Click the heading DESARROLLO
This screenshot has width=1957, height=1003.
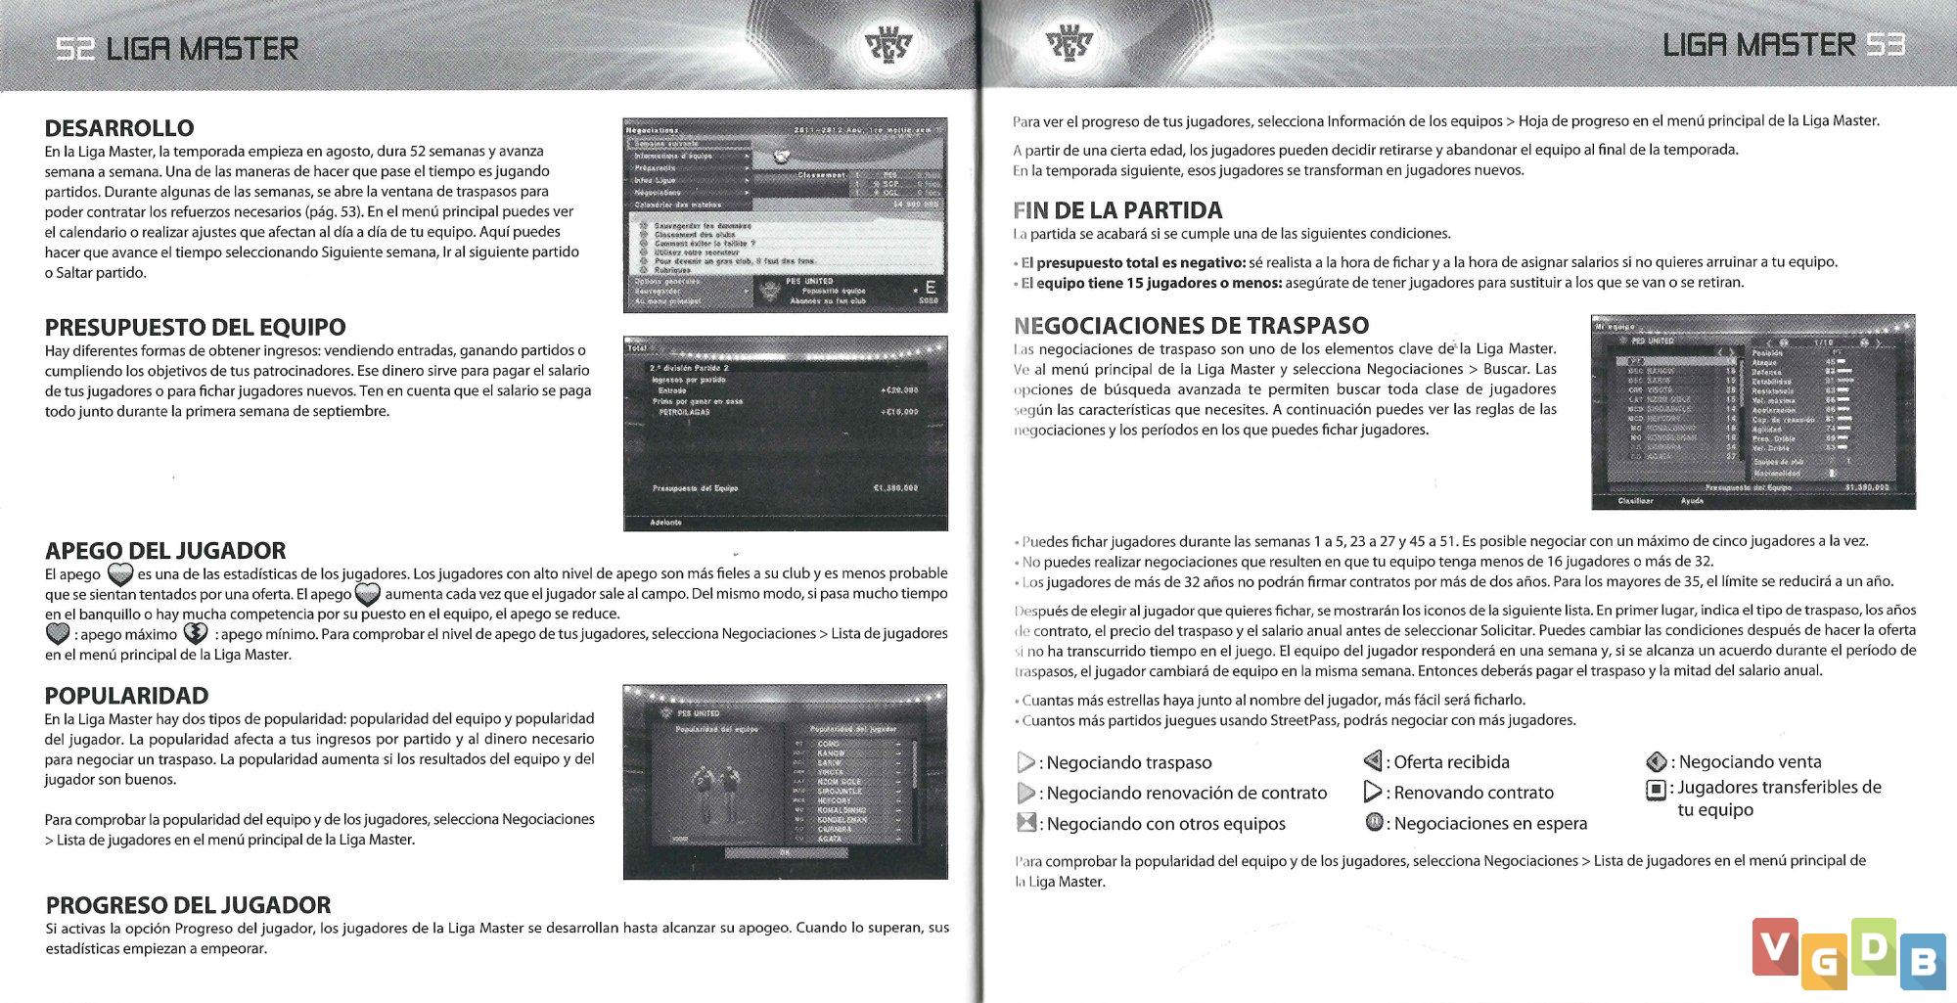tap(119, 128)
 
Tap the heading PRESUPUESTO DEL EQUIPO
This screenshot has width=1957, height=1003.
tap(195, 327)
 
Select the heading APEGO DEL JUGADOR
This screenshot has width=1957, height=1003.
tap(165, 551)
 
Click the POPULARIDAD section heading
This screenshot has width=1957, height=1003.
tap(126, 696)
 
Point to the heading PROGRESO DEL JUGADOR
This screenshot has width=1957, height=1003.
tap(188, 905)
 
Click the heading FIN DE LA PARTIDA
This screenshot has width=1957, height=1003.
tap(1117, 210)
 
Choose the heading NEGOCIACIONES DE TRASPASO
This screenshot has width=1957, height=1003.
tap(1191, 326)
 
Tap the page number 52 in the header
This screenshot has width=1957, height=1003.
tap(74, 48)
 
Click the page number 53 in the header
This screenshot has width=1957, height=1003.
tap(1885, 45)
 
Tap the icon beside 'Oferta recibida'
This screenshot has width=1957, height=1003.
tap(1373, 761)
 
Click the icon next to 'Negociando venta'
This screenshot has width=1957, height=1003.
tap(1656, 761)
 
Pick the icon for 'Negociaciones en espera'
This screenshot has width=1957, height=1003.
tap(1374, 823)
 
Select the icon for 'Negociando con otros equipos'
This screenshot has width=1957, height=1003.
tap(1026, 823)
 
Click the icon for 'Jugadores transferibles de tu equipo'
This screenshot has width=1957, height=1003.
tap(1656, 789)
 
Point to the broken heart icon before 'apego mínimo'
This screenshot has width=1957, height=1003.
tap(196, 634)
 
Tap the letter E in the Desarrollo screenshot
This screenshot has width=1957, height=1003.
tap(929, 287)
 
